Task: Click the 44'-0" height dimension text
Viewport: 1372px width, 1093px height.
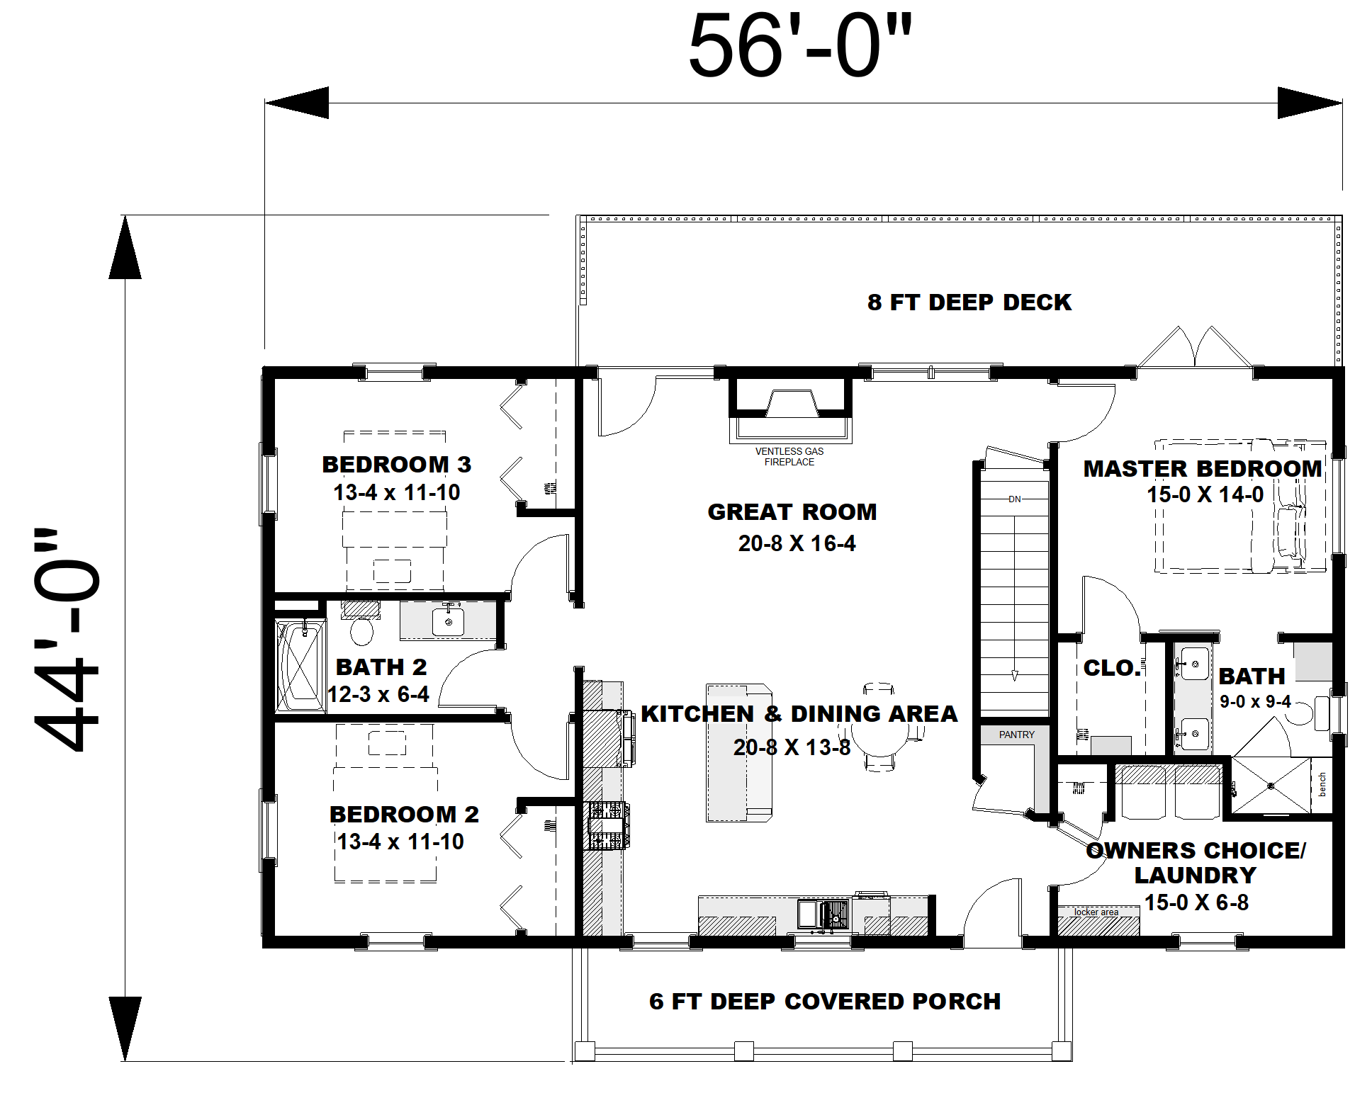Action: coord(67,638)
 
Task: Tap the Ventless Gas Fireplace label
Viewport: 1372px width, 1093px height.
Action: coord(789,456)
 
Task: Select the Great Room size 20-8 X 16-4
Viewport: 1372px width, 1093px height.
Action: coord(797,543)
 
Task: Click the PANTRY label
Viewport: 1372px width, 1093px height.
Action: coord(1016,735)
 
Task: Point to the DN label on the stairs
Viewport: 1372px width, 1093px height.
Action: coord(1014,499)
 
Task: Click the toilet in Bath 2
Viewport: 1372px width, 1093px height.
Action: coord(361,630)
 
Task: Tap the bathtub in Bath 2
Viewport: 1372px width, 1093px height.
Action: coord(300,666)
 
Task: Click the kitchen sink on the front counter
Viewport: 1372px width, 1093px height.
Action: coord(823,914)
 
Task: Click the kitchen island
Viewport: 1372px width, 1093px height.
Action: coord(738,752)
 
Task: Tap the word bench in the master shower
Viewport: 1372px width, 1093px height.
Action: coord(1322,784)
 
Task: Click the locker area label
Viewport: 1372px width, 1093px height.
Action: coord(1096,912)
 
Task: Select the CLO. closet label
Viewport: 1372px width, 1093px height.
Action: coord(1111,667)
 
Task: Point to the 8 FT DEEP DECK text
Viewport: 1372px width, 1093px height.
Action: coord(969,302)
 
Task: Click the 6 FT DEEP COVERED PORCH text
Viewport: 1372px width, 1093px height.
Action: coord(824,1001)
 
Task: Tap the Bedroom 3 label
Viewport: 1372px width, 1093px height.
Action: coord(396,464)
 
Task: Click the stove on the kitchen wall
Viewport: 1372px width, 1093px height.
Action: coord(607,825)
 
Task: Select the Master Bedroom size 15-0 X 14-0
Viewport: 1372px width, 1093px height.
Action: coord(1205,494)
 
